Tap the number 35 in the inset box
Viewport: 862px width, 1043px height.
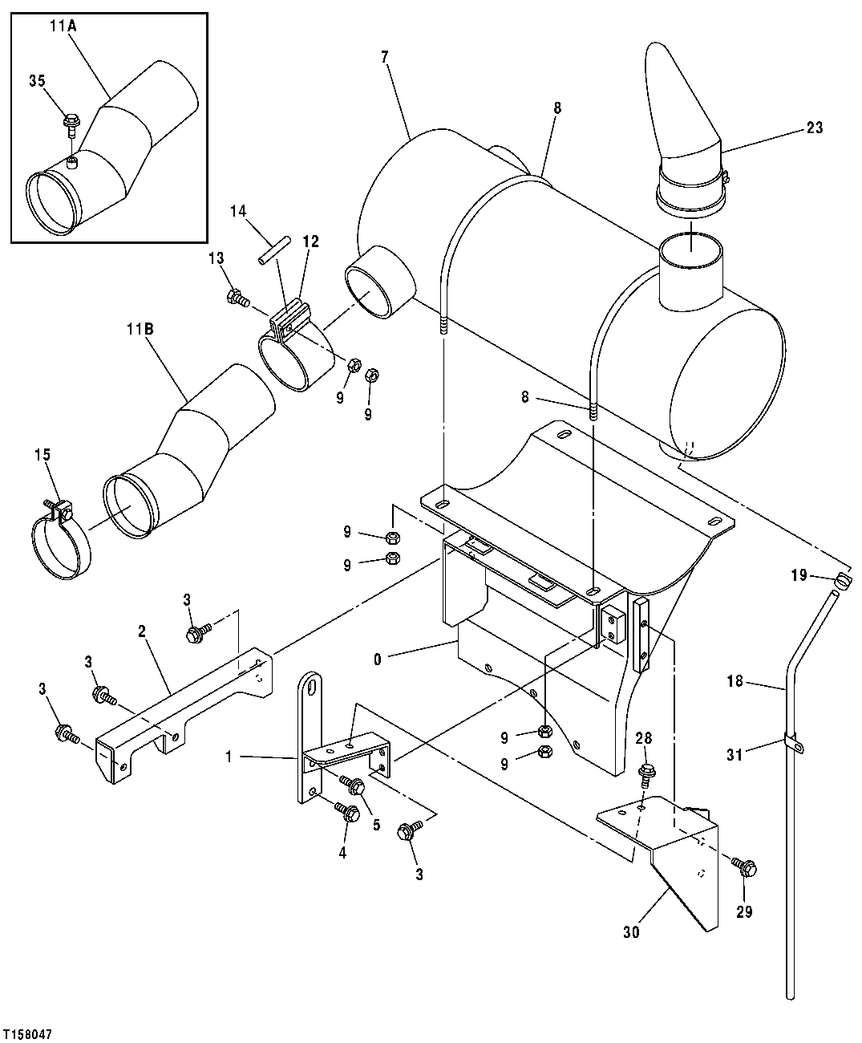[38, 80]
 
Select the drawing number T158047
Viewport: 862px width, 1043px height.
[27, 1035]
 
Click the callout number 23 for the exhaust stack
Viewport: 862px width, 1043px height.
[814, 128]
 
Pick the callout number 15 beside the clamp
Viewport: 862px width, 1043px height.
[42, 455]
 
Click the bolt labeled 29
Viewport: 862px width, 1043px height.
[743, 866]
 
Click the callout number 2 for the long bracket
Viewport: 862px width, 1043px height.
[141, 631]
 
